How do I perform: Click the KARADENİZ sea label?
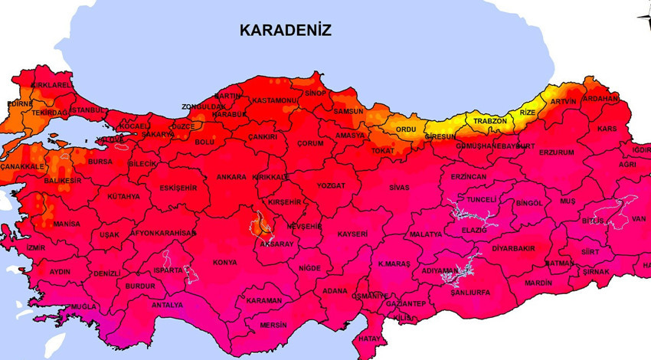285,31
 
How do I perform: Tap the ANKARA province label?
231,177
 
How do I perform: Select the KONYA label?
224,262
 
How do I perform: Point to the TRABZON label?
490,121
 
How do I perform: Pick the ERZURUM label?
556,152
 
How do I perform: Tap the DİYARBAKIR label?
512,248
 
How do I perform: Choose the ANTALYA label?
167,304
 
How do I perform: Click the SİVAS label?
399,187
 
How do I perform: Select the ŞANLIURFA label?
470,292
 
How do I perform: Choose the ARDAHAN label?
600,99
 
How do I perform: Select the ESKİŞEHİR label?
156,187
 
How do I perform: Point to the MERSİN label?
273,324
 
